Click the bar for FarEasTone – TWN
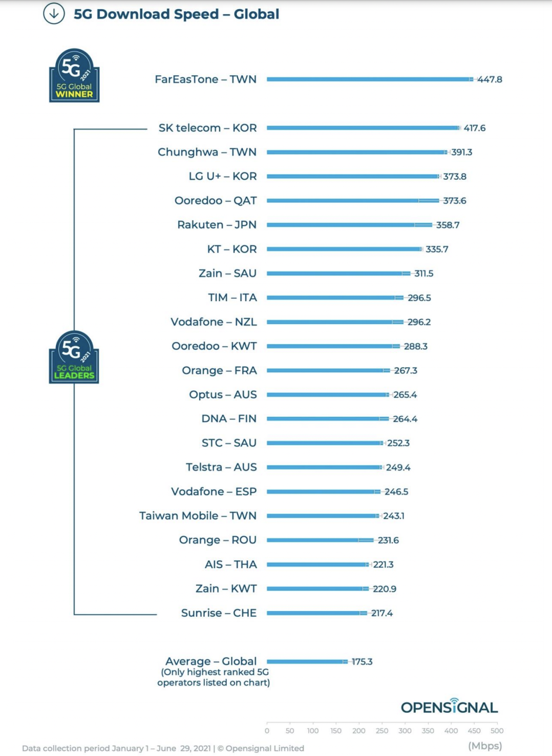click(x=369, y=79)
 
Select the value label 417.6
click(x=474, y=128)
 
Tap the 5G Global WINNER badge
click(x=74, y=76)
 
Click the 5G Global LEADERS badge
click(x=74, y=358)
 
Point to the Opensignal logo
click(x=449, y=707)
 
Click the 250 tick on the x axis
click(x=381, y=731)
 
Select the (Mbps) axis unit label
click(x=485, y=746)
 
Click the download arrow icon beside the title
click(x=54, y=14)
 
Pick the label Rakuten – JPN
click(x=217, y=225)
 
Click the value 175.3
click(x=362, y=662)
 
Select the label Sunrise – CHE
click(x=219, y=613)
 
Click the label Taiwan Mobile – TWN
click(x=198, y=516)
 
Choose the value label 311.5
click(x=423, y=274)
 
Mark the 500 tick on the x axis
click(x=497, y=731)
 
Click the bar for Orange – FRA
click(x=328, y=370)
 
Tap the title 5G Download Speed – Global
click(x=176, y=14)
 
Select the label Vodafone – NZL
click(x=214, y=322)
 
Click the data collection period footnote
click(x=163, y=748)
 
